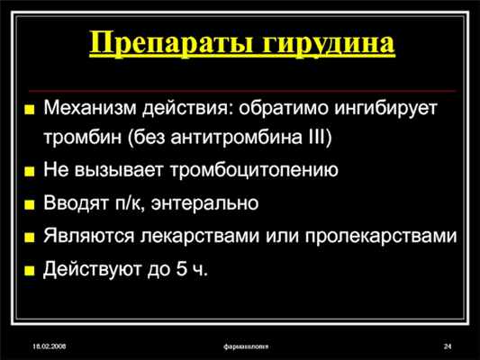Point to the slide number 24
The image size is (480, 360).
tap(447, 346)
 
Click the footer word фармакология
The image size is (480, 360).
tap(240, 346)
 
